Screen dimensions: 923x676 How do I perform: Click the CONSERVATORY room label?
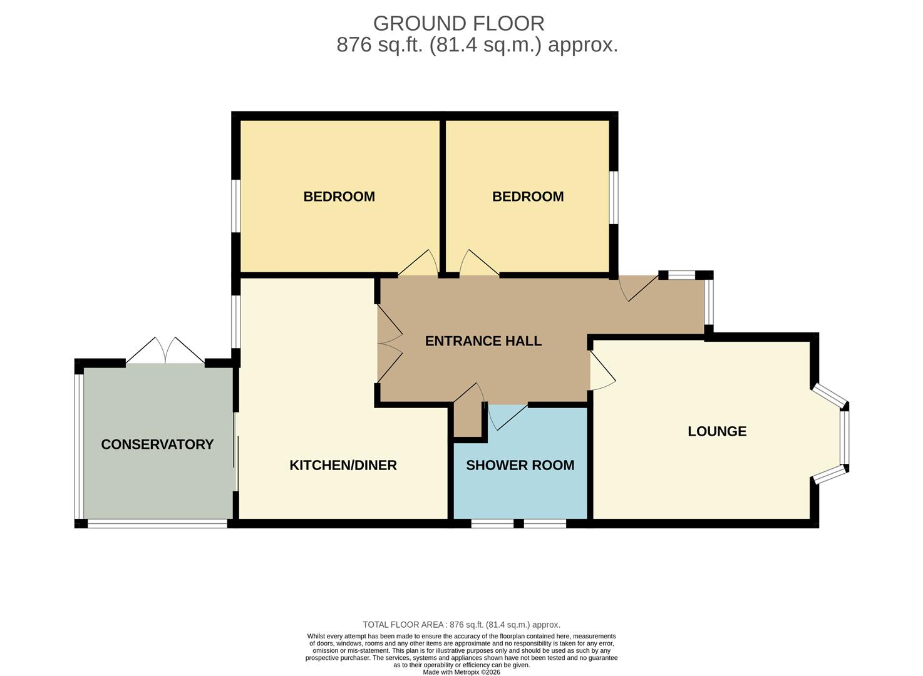point(157,444)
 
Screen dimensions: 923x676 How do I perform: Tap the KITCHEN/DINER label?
point(343,466)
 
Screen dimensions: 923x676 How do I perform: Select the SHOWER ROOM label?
point(520,466)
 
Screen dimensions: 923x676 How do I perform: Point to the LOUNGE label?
point(717,431)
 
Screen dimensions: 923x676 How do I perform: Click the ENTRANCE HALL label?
point(483,341)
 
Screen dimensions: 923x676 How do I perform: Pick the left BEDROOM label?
point(339,197)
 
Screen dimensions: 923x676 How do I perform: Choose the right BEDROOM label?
point(528,197)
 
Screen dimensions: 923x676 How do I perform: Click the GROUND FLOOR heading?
point(458,24)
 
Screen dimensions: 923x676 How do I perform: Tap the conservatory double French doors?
point(165,351)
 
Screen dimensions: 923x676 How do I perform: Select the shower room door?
point(507,417)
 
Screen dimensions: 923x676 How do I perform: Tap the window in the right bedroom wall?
point(614,198)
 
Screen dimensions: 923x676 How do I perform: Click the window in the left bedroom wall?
point(235,206)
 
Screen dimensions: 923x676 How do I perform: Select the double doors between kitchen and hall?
point(389,344)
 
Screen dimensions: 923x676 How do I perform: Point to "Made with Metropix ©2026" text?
point(461,672)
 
